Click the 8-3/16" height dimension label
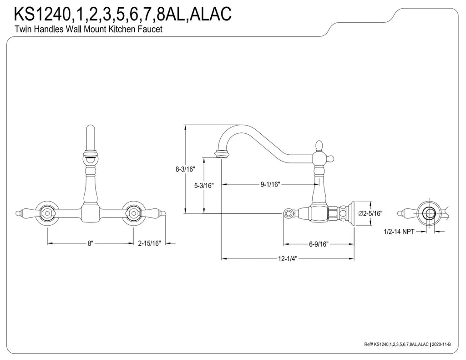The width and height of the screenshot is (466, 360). [x=185, y=169]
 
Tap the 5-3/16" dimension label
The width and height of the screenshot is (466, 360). [x=204, y=186]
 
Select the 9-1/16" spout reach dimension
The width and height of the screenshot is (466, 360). [x=270, y=184]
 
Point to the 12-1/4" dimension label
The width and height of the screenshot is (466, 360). [x=288, y=259]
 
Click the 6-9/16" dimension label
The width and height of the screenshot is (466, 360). [x=318, y=244]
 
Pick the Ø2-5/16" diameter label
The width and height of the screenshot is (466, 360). [x=370, y=213]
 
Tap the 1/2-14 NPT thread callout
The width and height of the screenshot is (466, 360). [x=399, y=232]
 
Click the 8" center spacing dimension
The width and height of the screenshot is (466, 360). [x=91, y=243]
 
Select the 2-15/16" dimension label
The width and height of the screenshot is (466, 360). [x=149, y=243]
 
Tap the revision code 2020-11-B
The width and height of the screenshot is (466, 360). [x=441, y=344]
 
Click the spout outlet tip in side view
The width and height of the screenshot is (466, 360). [x=222, y=154]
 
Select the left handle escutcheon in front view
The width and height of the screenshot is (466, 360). [x=47, y=213]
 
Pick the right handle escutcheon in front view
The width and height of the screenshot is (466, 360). [x=133, y=213]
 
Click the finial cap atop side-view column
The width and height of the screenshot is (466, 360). [x=318, y=146]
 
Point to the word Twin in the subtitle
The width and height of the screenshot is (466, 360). [x=22, y=29]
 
